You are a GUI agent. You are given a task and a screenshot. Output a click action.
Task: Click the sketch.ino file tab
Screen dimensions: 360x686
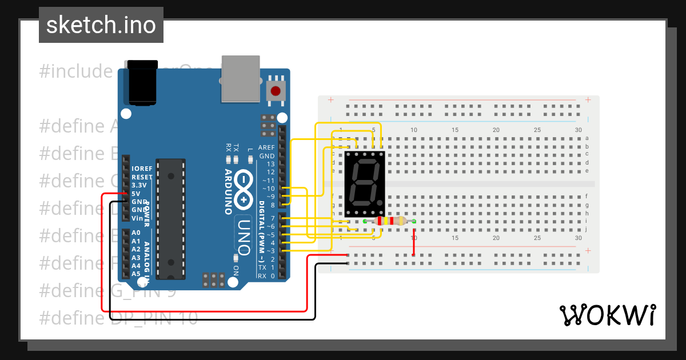click(x=101, y=25)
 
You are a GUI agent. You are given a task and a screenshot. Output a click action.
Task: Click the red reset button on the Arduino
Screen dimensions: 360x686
click(x=276, y=91)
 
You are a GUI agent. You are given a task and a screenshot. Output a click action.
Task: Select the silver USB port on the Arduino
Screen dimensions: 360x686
click(x=240, y=78)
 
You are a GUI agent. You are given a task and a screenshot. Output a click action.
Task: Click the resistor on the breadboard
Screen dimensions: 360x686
click(x=389, y=221)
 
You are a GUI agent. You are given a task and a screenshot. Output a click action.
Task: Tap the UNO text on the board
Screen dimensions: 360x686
click(x=244, y=237)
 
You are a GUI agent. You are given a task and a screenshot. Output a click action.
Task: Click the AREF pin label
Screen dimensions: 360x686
click(x=266, y=147)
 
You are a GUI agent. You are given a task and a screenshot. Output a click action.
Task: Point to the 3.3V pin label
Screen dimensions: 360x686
click(x=139, y=186)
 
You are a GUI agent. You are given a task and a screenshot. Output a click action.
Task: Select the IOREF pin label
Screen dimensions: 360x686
click(x=142, y=169)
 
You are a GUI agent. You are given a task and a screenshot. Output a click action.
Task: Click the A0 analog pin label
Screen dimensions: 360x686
click(x=136, y=233)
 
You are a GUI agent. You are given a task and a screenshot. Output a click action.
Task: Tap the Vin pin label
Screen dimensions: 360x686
click(x=137, y=218)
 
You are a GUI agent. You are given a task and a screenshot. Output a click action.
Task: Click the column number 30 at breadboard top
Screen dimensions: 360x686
click(x=578, y=130)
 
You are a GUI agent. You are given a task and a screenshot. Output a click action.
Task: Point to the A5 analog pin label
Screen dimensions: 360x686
click(x=136, y=274)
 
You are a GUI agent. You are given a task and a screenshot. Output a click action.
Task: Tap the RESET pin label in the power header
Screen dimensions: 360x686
click(x=142, y=177)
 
